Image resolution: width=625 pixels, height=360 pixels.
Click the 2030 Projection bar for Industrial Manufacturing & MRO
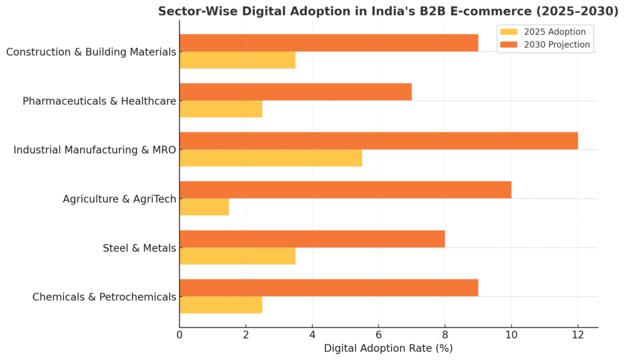tap(378, 141)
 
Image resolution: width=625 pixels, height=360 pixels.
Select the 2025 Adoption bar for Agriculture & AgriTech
tap(204, 207)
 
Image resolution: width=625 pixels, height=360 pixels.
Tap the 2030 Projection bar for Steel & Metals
tap(312, 239)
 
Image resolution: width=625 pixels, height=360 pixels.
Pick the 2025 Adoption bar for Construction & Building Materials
tap(237, 60)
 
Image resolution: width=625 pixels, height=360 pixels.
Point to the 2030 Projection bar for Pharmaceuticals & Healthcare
tap(295, 92)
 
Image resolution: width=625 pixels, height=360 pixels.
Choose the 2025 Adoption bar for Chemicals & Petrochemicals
tap(220, 305)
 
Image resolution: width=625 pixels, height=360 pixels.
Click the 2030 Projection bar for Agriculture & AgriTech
tap(345, 190)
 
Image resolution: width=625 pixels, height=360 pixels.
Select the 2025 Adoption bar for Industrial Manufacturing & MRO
tap(270, 158)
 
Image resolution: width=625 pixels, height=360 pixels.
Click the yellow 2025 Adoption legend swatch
tap(508, 32)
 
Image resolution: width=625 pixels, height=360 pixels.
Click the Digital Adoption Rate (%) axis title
tap(388, 349)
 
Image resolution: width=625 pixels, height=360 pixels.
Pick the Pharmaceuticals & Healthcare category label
tap(99, 101)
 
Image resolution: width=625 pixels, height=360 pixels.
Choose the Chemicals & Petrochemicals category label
tap(104, 297)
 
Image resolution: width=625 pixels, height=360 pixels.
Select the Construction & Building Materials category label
tap(91, 52)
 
